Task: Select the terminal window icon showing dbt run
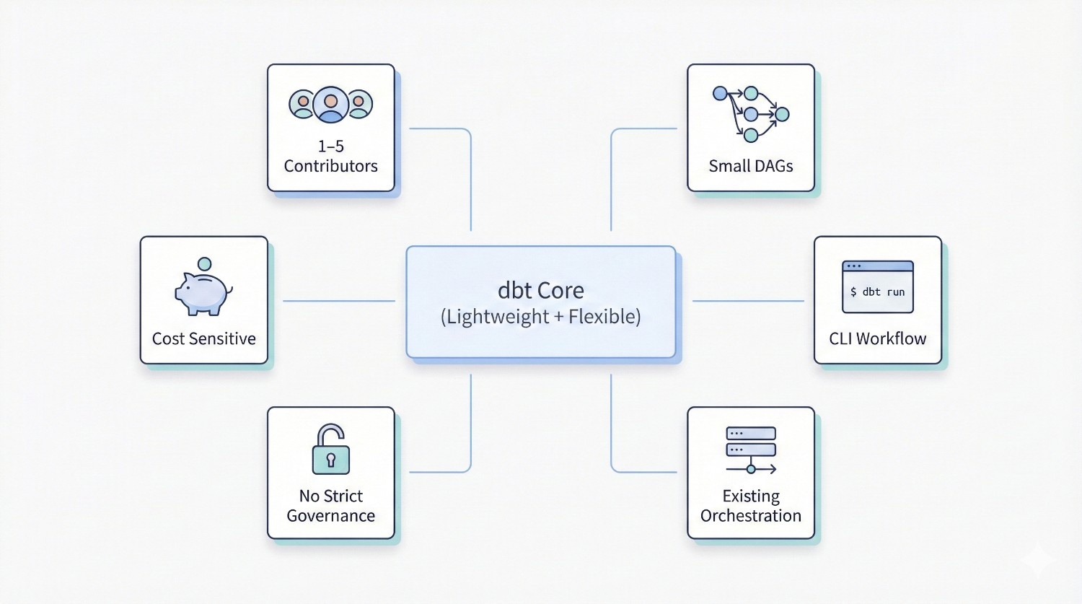(x=877, y=287)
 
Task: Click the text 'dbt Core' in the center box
(x=541, y=290)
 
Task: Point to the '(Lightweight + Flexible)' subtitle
(x=541, y=317)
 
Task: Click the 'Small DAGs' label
(x=750, y=166)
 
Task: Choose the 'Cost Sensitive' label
(x=203, y=338)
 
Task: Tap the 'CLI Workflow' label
(x=877, y=338)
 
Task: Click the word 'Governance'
(x=331, y=516)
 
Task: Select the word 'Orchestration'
(x=750, y=516)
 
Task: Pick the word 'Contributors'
(x=331, y=166)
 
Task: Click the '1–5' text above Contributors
(x=331, y=146)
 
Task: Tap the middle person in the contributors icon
(x=331, y=105)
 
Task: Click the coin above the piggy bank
(x=205, y=264)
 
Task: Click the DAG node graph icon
(x=750, y=113)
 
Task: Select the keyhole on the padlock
(x=331, y=460)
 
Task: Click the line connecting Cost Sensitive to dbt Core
(x=339, y=301)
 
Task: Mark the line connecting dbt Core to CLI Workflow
(x=748, y=301)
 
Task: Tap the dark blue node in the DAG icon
(x=720, y=93)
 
